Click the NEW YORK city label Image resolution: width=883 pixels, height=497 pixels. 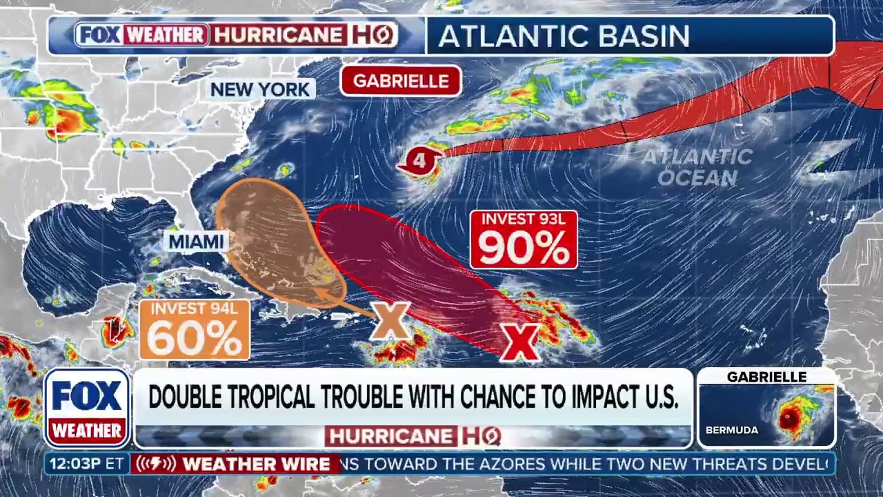click(x=260, y=90)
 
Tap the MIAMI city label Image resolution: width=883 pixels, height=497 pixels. click(x=197, y=242)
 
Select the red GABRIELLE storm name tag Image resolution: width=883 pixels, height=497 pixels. click(x=401, y=81)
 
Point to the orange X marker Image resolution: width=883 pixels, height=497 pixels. click(x=390, y=321)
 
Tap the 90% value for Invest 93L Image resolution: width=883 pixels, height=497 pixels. click(x=524, y=248)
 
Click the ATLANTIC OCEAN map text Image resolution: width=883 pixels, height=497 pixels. click(x=697, y=167)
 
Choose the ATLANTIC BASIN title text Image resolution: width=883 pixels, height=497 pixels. click(x=564, y=37)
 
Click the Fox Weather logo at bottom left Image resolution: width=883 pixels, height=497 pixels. click(x=87, y=408)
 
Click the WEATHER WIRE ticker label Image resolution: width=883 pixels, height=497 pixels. click(x=256, y=465)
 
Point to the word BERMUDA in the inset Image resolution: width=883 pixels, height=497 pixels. click(x=731, y=430)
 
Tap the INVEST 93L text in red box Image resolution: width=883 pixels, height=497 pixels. click(x=524, y=220)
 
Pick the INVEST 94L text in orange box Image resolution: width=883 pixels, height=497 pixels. click(x=194, y=309)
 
